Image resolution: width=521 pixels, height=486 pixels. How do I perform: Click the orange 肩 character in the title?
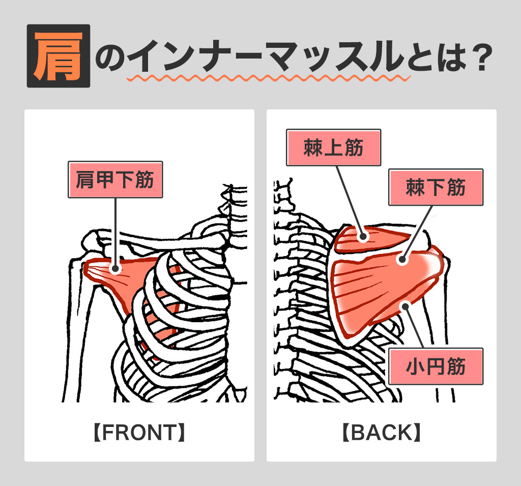tap(58, 56)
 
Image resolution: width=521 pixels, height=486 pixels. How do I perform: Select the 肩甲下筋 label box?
tap(115, 180)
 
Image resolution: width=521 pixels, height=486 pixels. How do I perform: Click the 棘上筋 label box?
tap(333, 148)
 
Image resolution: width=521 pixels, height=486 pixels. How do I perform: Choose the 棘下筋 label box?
tap(436, 187)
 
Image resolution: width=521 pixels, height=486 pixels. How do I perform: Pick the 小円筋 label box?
tap(436, 366)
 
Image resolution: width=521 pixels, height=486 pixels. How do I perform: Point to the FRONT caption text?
tap(139, 433)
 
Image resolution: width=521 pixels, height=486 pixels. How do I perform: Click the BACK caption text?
tap(381, 433)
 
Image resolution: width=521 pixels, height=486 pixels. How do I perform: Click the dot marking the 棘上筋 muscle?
tap(363, 236)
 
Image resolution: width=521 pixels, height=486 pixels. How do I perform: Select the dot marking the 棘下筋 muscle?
tap(402, 259)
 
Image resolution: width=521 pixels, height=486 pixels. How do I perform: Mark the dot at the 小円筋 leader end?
tap(405, 305)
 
